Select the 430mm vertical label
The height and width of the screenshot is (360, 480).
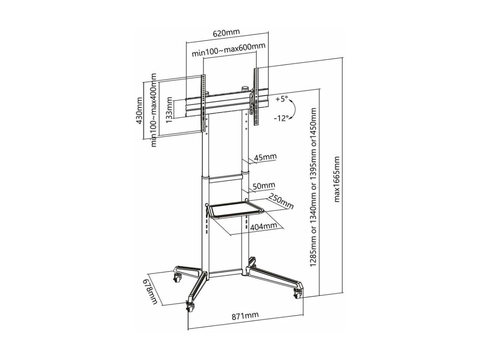point(139,110)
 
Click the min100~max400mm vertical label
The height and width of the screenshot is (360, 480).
point(154,109)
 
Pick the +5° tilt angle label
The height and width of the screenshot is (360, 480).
point(282,99)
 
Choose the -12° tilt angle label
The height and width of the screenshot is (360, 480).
point(281,118)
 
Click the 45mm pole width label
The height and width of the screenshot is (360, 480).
point(265,157)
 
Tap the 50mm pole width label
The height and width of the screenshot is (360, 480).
point(264,186)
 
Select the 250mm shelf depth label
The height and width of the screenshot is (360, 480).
point(281,201)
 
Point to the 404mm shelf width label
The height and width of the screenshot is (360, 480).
point(264,227)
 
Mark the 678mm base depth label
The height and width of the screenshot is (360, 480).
point(151,291)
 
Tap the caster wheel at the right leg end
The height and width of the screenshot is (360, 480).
point(298,293)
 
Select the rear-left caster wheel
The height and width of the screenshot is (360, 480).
point(177,277)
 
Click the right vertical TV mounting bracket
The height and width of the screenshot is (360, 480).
point(255,96)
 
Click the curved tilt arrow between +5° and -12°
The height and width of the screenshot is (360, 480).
point(295,109)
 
